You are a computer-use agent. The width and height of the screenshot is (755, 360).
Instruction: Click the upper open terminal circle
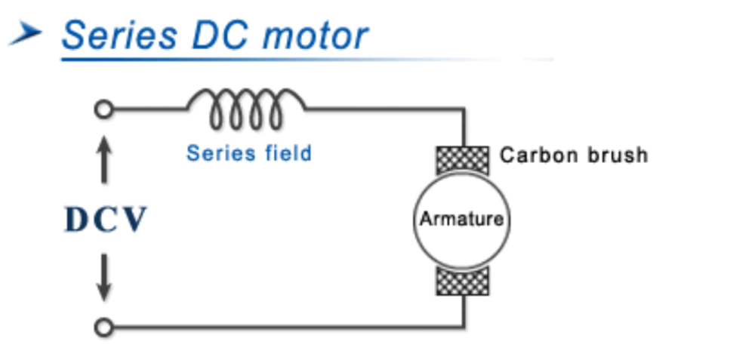coord(104,109)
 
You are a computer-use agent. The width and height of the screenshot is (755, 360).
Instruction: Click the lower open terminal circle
coord(104,328)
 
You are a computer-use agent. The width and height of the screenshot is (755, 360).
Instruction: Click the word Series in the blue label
coord(219,153)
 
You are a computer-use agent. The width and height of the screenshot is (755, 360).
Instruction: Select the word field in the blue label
coord(287,153)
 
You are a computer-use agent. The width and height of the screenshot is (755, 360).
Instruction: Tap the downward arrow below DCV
coord(105,278)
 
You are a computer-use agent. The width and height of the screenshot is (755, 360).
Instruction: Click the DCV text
coord(105,220)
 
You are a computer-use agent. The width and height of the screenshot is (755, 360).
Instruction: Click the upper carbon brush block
coord(463,160)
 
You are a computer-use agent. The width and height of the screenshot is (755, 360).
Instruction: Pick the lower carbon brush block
coord(463,281)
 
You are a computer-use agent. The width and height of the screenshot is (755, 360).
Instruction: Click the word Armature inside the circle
coord(461,220)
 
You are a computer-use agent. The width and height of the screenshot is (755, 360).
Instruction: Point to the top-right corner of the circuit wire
coord(464,109)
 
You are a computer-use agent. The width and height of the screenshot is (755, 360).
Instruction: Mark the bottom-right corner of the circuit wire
coord(464,328)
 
